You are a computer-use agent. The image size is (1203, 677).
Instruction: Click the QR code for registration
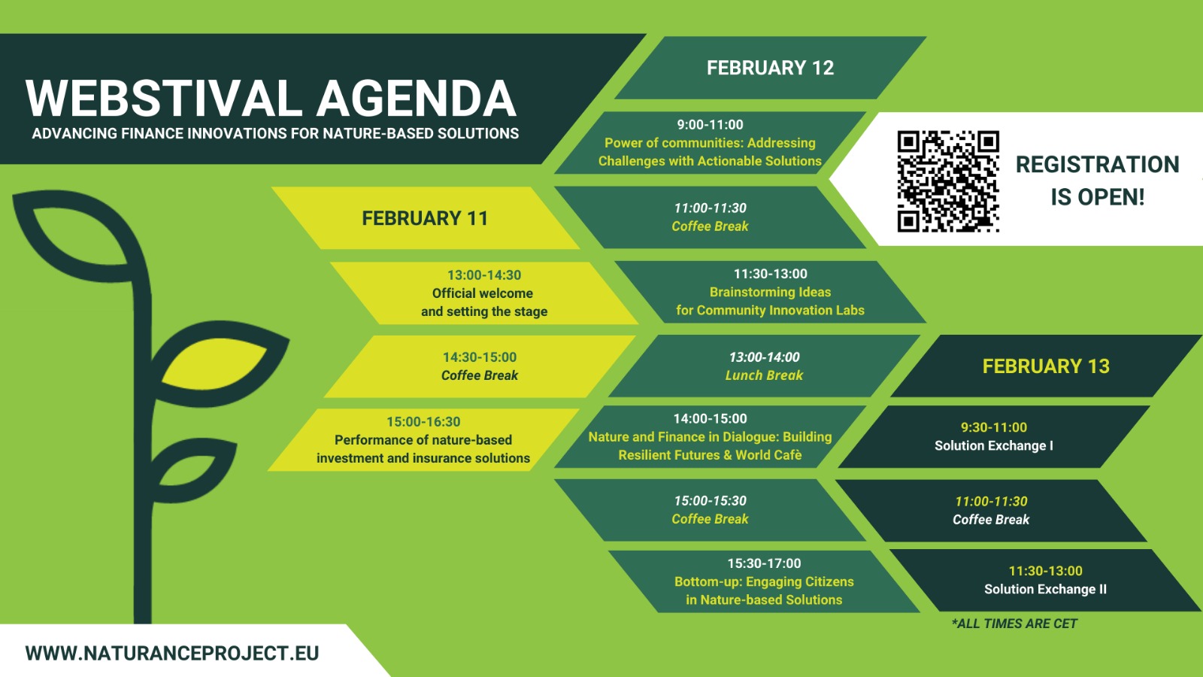[x=948, y=181]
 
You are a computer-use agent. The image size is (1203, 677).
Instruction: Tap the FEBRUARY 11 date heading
[x=425, y=219]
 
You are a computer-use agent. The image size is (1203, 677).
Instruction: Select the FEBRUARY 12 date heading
[x=770, y=68]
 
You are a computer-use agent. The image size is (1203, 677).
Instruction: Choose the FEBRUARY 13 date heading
[x=1046, y=366]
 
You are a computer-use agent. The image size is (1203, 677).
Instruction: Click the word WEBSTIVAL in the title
[x=164, y=99]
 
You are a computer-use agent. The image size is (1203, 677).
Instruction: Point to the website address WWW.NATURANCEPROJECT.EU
[x=172, y=654]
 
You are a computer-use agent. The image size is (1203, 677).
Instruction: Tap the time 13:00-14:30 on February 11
[x=484, y=275]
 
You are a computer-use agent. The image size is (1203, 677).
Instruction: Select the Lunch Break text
[x=764, y=375]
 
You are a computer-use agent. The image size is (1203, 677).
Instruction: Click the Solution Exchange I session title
[x=993, y=446]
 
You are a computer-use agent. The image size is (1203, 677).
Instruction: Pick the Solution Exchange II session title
[x=1045, y=590]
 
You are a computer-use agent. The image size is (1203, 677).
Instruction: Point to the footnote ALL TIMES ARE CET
[x=1014, y=624]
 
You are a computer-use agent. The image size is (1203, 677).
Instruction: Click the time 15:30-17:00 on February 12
[x=764, y=563]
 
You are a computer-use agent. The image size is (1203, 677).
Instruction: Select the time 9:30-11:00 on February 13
[x=993, y=428]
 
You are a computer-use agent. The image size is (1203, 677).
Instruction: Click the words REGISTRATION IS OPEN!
[x=1097, y=181]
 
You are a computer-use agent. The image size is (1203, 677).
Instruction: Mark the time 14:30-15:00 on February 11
[x=480, y=357]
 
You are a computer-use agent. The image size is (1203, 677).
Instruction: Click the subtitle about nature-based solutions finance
[x=275, y=134]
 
